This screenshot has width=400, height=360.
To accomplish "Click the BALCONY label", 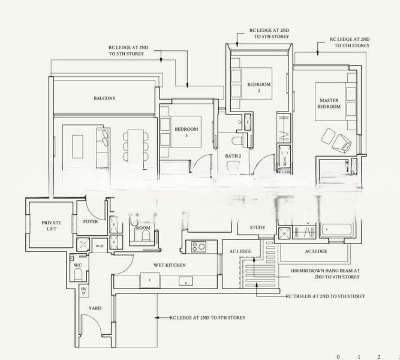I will click(104, 98).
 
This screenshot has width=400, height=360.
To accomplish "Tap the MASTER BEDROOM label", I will click(329, 103).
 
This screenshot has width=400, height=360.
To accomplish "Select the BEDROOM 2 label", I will click(259, 88).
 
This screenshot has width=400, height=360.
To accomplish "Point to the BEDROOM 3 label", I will click(186, 132).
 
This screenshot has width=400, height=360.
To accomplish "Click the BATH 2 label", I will click(233, 156).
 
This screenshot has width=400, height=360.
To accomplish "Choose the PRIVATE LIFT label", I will click(52, 226).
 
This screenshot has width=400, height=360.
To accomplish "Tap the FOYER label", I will click(90, 221).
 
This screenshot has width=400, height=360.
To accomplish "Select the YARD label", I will click(95, 308).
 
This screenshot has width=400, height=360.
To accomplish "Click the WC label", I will click(77, 265).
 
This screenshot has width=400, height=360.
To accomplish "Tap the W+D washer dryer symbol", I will click(100, 245).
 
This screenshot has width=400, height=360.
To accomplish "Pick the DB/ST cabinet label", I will click(83, 291).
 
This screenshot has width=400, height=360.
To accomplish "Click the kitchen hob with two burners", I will click(199, 245).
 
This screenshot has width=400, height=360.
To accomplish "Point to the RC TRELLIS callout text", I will click(326, 296).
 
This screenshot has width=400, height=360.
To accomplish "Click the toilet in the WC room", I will click(77, 275).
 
